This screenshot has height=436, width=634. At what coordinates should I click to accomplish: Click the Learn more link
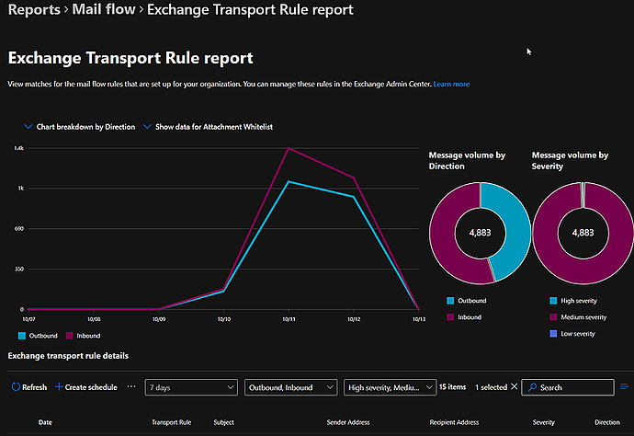tap(451, 84)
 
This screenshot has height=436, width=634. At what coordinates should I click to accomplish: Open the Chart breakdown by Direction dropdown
tap(80, 127)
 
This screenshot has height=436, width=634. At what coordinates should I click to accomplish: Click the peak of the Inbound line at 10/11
tap(289, 148)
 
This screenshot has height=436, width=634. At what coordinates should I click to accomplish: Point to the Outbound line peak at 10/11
tap(289, 181)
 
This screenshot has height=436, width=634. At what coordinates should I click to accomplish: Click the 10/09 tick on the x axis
tap(158, 319)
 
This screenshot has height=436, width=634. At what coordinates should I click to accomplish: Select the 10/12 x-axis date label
tap(353, 319)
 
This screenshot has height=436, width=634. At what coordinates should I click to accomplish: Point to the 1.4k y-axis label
tap(18, 148)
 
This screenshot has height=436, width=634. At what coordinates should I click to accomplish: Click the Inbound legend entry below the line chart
tap(83, 336)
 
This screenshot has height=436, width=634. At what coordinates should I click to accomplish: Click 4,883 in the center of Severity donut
tap(583, 233)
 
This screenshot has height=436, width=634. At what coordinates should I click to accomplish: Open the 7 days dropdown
tap(191, 387)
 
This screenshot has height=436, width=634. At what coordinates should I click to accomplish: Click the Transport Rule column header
tap(171, 422)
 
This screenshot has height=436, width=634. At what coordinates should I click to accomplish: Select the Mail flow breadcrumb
tap(101, 10)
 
